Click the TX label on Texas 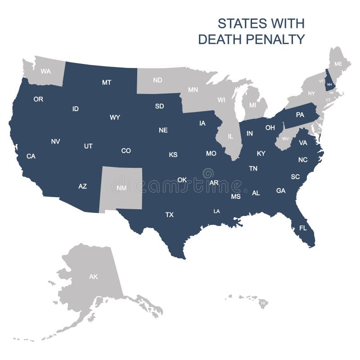[x=169, y=215]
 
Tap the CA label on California [x=31, y=156]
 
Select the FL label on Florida [x=303, y=228]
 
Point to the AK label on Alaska [x=93, y=277]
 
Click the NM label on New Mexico [x=121, y=188]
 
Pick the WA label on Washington [x=45, y=71]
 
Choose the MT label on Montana [x=107, y=82]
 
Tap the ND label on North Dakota [x=157, y=80]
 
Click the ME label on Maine [x=338, y=64]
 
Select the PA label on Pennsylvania [x=300, y=115]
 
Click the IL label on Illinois [x=231, y=135]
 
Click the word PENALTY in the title [x=279, y=39]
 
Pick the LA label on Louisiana [x=216, y=211]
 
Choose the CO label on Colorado [x=126, y=151]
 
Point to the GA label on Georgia [x=281, y=190]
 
